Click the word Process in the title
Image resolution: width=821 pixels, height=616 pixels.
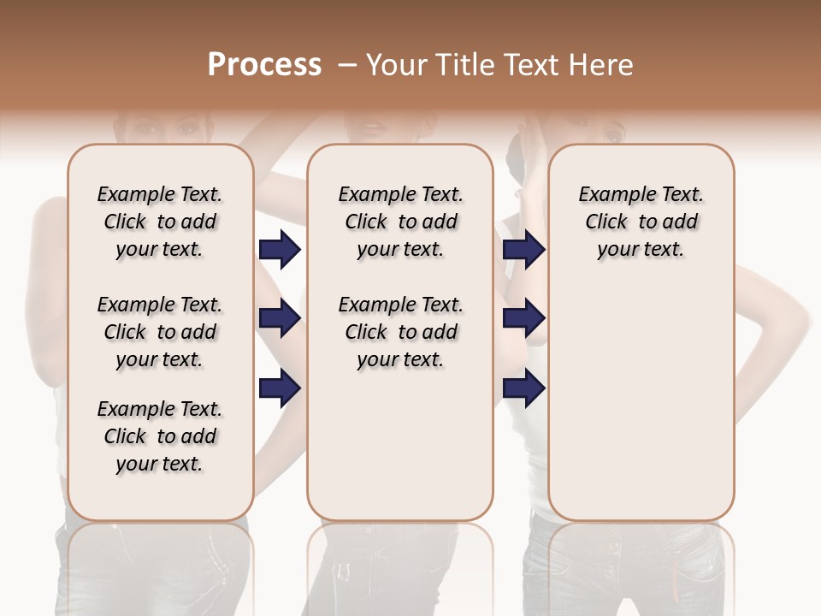(x=264, y=65)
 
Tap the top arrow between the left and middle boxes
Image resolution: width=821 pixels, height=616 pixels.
(x=280, y=250)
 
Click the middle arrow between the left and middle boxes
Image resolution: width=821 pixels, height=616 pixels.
(x=280, y=319)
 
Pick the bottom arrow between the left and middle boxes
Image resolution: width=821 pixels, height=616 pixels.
(x=280, y=388)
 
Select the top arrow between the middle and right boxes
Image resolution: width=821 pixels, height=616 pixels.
(x=523, y=250)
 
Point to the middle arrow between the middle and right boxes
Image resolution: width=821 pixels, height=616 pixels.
(x=523, y=319)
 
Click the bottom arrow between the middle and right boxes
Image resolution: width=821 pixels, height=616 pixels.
(x=523, y=388)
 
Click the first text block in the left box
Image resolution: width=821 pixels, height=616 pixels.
(x=160, y=222)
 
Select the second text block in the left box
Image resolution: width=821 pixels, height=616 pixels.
(x=160, y=332)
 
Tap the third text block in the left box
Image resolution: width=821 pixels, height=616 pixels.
(x=160, y=436)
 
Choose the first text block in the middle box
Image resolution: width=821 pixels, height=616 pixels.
(x=400, y=222)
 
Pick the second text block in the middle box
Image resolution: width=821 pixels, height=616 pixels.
(x=400, y=332)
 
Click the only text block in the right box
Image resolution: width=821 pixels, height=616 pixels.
(x=641, y=222)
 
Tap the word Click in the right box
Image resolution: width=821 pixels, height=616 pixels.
(x=606, y=222)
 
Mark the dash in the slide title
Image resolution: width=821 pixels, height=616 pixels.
(x=347, y=65)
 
